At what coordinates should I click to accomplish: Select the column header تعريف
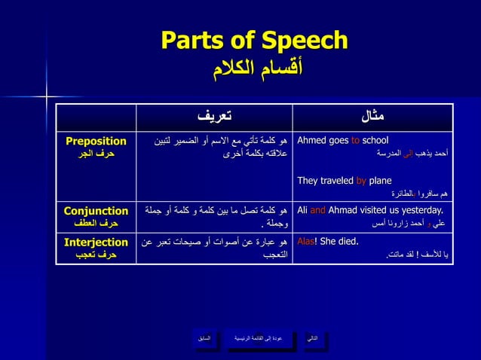[214, 117]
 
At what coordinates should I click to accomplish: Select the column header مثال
[372, 117]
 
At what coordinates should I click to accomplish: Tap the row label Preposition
[96, 141]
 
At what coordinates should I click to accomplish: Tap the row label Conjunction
[96, 211]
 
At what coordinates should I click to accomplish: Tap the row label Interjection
[96, 243]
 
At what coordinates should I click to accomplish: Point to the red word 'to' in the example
[354, 141]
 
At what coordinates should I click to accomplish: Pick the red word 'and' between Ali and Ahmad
[317, 211]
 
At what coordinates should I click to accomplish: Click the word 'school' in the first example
[375, 141]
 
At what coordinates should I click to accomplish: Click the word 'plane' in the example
[381, 181]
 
